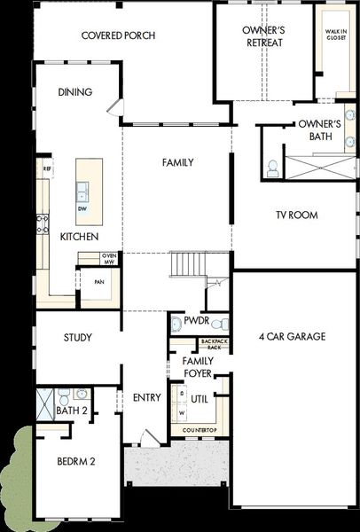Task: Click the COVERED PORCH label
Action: (x=118, y=35)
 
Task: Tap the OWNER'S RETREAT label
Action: (x=263, y=35)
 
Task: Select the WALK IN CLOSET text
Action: (x=336, y=32)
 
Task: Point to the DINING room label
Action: (x=75, y=92)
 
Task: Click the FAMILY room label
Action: (x=177, y=162)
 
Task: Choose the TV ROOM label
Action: (x=296, y=215)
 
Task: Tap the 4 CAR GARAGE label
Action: (x=292, y=337)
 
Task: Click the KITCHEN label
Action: (x=79, y=238)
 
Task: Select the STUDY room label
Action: (x=78, y=338)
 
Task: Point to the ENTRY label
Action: (x=146, y=397)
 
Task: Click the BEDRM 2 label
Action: (x=76, y=462)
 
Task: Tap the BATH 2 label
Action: (x=70, y=411)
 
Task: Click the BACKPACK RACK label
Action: (x=213, y=345)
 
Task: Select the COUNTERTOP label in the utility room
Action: (x=200, y=430)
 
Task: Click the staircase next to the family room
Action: (x=187, y=263)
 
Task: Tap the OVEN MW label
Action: (x=110, y=258)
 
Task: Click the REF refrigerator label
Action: (x=46, y=167)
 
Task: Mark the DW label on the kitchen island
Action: (x=82, y=209)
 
